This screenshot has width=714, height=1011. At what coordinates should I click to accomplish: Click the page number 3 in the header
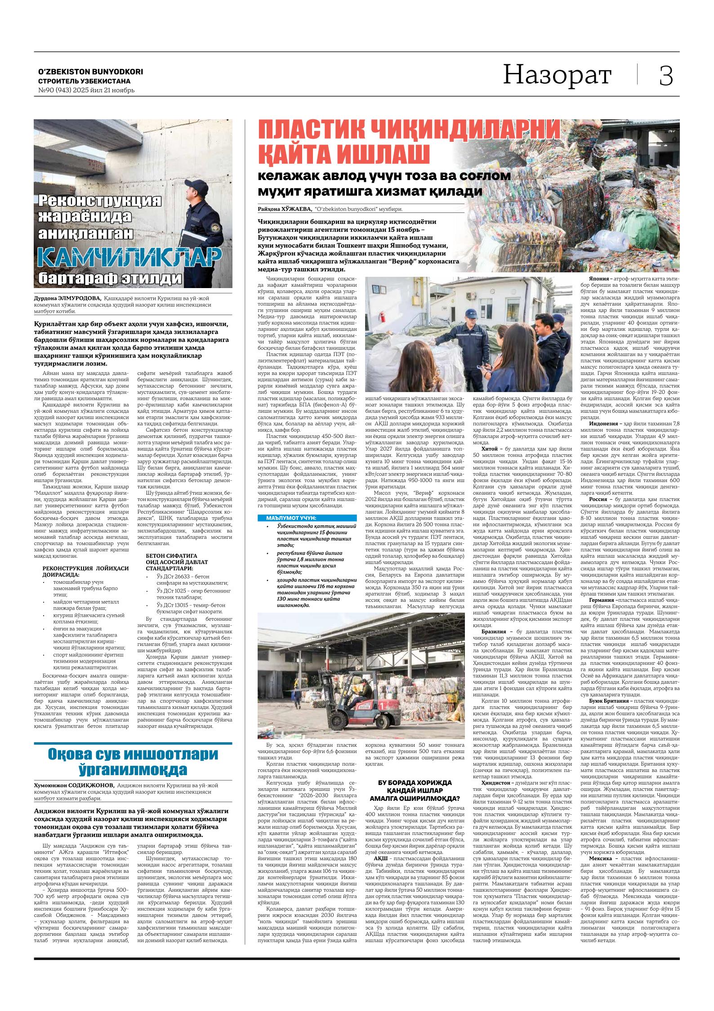[x=666, y=76]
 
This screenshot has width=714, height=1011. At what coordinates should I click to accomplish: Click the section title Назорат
[x=557, y=75]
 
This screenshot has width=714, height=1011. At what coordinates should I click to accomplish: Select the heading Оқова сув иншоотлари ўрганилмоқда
[x=133, y=761]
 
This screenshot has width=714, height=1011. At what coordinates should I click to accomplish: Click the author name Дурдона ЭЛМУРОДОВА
[x=68, y=298]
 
